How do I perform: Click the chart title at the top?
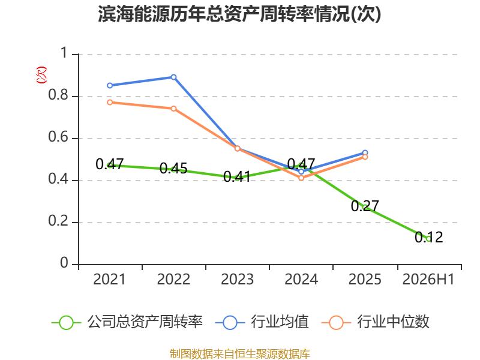coord(239,14)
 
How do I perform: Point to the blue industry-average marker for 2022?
coord(173,77)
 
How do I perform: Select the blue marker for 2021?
coord(110,85)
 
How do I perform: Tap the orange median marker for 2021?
coord(110,102)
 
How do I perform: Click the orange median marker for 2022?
coord(173,109)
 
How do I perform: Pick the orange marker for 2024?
coord(301,178)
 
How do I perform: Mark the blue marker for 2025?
coord(365,153)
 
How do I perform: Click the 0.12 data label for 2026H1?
coord(429,237)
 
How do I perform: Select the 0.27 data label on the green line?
coord(365,206)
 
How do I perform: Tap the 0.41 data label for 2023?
coord(237,176)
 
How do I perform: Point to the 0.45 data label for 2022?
coord(173,169)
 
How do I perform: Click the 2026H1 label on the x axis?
coord(428,279)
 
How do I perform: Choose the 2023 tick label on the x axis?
coord(237,279)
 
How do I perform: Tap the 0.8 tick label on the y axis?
coord(58,95)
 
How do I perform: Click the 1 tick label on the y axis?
coord(64,53)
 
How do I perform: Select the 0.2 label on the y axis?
coord(58,221)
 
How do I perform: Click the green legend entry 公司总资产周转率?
coord(127,322)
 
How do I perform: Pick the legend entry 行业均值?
coord(262,322)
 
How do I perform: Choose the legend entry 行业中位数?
coord(376,322)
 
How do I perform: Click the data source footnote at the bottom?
coord(240,354)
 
